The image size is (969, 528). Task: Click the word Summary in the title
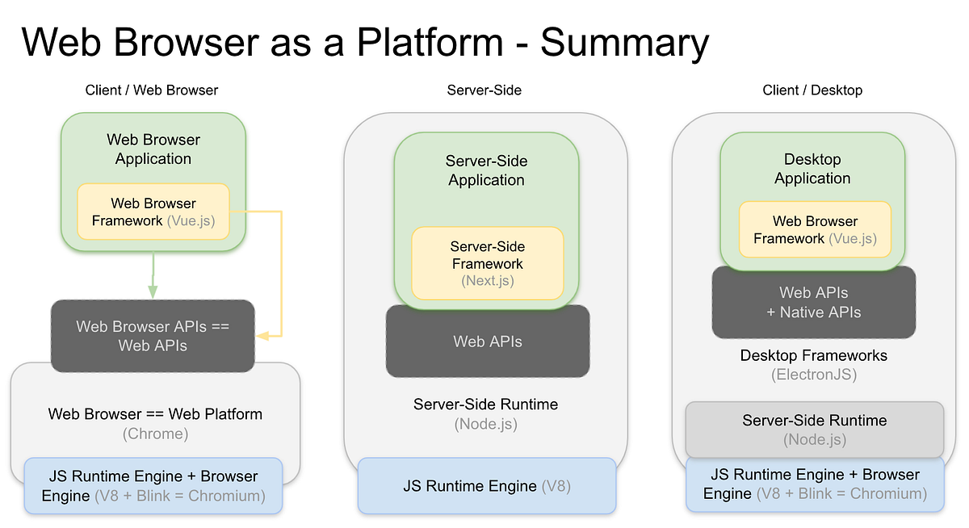[x=625, y=42]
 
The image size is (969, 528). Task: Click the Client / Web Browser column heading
[x=152, y=90]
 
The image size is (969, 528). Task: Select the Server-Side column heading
[x=484, y=90]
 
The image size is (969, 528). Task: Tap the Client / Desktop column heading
[x=812, y=90]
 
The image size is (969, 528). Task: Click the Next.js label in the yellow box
[x=488, y=281]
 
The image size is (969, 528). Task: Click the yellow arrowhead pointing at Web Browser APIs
[x=262, y=334]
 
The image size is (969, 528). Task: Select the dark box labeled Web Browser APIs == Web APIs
[x=153, y=336]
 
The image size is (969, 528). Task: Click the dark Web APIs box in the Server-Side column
[x=488, y=342]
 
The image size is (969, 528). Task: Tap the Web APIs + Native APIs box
[x=814, y=302]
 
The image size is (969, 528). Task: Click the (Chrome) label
[x=155, y=434]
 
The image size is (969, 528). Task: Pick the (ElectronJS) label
[x=814, y=375]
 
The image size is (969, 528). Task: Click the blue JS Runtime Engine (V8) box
[x=487, y=486]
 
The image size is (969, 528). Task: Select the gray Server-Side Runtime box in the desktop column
[x=814, y=430]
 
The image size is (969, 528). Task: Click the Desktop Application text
[x=812, y=169]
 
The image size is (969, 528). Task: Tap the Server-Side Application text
[x=486, y=170]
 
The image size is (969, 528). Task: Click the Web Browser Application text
[x=153, y=149]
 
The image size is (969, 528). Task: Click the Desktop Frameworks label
[x=814, y=355]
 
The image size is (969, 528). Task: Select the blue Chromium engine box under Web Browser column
[x=153, y=486]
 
